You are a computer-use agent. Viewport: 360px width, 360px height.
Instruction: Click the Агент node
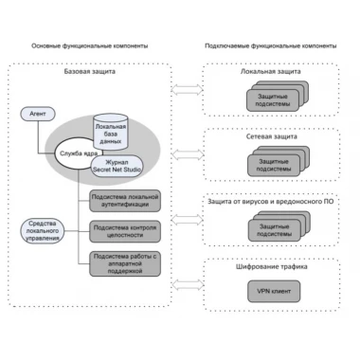click(x=38, y=114)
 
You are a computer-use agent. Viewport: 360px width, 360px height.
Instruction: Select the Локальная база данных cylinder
click(x=111, y=132)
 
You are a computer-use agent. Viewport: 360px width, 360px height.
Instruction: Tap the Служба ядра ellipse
click(x=78, y=153)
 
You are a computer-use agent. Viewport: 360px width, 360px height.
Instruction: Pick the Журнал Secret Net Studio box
click(x=117, y=166)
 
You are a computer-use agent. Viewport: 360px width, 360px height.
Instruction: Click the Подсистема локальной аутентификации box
click(x=125, y=201)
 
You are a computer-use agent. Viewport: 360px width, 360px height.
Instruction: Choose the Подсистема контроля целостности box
click(x=125, y=231)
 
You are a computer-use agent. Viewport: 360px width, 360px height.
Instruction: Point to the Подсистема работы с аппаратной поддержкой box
click(x=125, y=263)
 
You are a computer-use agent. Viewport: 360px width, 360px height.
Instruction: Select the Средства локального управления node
click(x=43, y=231)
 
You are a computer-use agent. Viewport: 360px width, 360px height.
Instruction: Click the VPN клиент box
click(x=274, y=291)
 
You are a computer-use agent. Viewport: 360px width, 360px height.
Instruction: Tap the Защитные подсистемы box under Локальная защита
click(x=273, y=100)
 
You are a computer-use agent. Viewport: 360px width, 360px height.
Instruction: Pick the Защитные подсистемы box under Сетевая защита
click(x=274, y=166)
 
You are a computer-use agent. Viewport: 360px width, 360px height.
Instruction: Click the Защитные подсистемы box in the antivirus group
click(x=274, y=230)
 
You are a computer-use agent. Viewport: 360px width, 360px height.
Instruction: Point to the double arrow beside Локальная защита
click(x=187, y=90)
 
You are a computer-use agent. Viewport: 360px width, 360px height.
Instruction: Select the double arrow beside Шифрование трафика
click(x=188, y=284)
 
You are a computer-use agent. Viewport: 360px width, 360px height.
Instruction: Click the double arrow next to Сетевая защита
click(x=188, y=154)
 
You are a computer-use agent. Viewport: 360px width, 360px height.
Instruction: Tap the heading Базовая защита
click(x=90, y=71)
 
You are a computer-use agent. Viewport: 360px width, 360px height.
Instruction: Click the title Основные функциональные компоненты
click(x=90, y=46)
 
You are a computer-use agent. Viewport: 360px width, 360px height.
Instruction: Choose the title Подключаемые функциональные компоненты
click(x=271, y=46)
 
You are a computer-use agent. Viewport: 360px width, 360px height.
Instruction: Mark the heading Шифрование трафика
click(x=272, y=267)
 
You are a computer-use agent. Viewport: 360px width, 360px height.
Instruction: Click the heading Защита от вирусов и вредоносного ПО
click(x=271, y=202)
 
